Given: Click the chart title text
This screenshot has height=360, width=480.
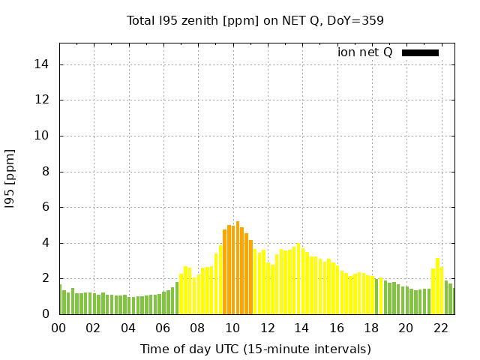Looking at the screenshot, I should pos(255,20).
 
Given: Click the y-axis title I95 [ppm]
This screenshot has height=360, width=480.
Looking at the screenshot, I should pos(10,178).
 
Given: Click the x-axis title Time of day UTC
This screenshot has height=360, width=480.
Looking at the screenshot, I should pos(255,349).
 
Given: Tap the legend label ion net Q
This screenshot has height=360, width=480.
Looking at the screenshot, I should pos(364,52).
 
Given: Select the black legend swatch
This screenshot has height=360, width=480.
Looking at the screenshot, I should pos(420,52).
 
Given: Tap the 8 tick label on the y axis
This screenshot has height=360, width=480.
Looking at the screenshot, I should pos(46,172).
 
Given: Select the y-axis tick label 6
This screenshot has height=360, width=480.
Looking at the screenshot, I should pos(46,207).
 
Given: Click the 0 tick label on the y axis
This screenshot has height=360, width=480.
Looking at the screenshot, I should pos(46,314).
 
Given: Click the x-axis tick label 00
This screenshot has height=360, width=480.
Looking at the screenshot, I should pos(58,328).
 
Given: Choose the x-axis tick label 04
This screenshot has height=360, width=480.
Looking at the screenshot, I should pos(128,328).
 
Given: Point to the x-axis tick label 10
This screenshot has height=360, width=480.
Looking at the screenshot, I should pos(232,328).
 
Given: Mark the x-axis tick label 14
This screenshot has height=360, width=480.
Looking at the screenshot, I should pos(301,328).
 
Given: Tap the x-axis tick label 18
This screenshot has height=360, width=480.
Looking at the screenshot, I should pos(371,328).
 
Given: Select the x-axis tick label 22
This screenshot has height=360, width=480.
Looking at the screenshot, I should pos(440,328).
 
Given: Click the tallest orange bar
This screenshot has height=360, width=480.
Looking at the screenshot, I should pos(238,268).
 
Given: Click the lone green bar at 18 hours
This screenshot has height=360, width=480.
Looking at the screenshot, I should pos(376,297).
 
